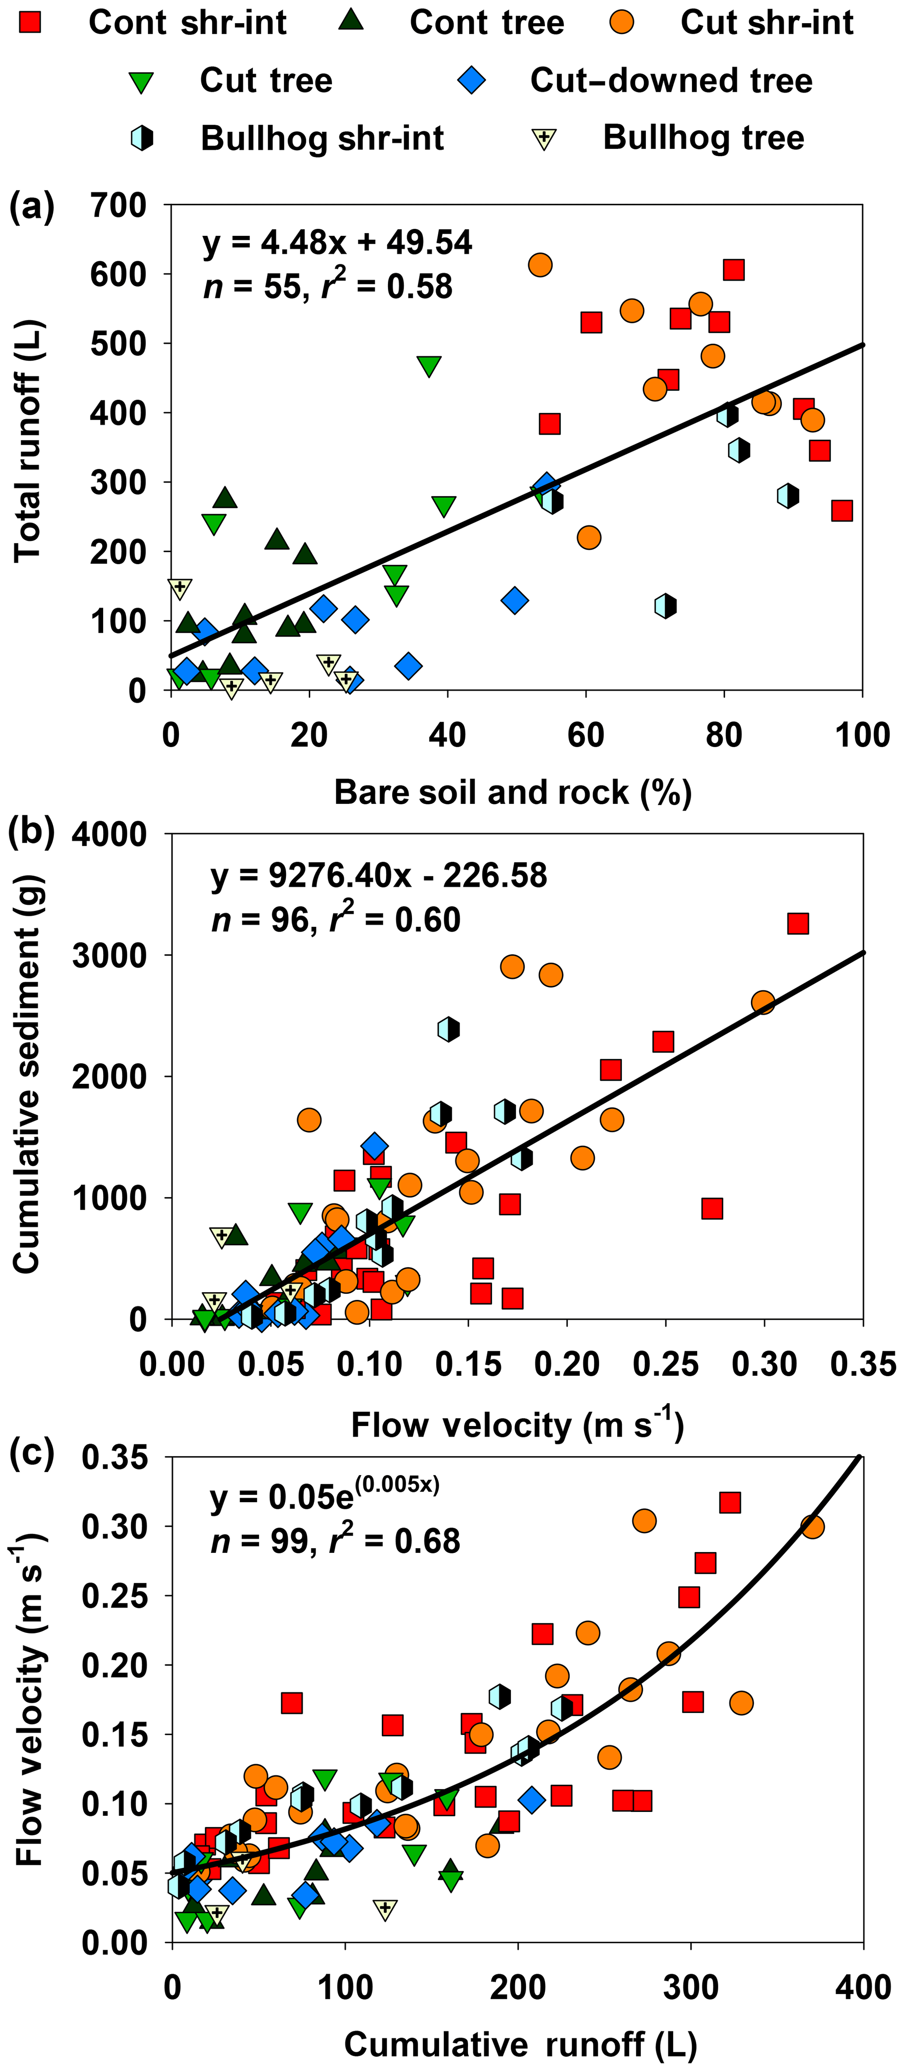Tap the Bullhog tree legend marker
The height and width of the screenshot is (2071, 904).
(544, 139)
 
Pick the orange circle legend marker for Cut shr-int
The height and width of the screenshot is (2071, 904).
(621, 22)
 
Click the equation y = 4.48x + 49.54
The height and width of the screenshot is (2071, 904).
(338, 242)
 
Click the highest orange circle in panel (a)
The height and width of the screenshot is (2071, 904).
(540, 264)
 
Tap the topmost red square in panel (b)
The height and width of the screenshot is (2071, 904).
(797, 923)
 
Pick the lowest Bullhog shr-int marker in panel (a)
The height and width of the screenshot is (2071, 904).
(665, 606)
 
